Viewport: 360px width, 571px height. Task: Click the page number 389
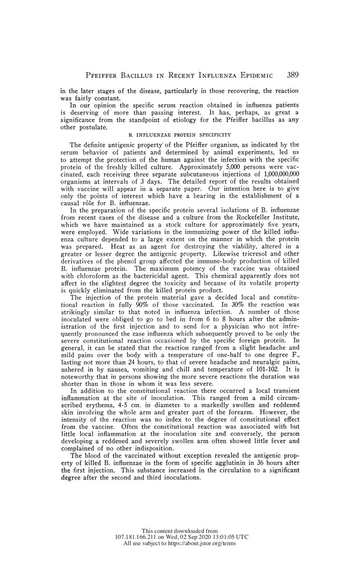tap(292, 75)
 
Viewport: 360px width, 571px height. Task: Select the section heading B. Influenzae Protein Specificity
tap(180, 135)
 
